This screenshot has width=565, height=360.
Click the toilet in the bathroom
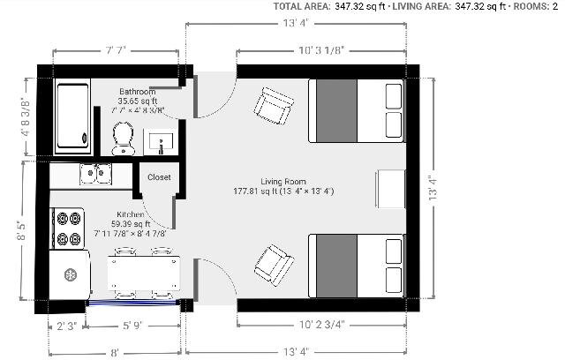124,139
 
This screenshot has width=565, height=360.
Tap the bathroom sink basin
161,142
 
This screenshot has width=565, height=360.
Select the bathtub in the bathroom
72,116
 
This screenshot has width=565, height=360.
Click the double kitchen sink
96,174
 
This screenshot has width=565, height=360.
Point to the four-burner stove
67,229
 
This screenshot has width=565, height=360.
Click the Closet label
159,177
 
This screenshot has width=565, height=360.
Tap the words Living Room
283,182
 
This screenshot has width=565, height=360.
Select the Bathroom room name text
138,92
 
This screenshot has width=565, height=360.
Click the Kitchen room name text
131,214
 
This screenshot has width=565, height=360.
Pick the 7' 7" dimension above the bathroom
116,50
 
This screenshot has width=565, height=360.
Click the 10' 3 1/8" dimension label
320,50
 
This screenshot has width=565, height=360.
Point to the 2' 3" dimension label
67,326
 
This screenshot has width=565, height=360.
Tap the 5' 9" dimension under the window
132,326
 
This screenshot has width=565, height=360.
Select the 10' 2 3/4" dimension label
321,325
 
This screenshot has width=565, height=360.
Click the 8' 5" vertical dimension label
21,231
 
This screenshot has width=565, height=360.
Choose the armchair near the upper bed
274,106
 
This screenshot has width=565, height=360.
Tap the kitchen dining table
144,273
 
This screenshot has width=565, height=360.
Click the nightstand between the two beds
391,189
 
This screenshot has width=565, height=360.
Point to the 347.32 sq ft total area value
360,6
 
